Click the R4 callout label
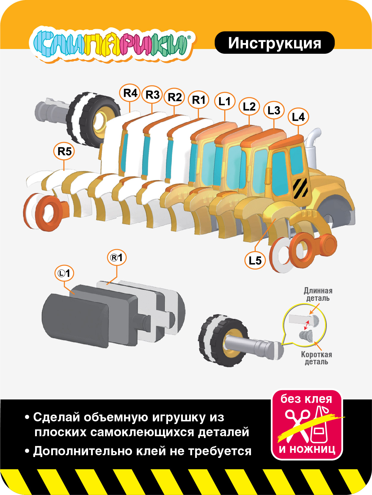click(130, 93)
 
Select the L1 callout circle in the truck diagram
click(225, 101)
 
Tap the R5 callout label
click(64, 151)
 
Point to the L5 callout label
click(255, 260)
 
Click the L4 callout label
click(298, 117)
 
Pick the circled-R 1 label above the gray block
click(117, 257)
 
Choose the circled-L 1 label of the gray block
click(64, 273)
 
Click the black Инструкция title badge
click(274, 43)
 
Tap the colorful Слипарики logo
click(112, 45)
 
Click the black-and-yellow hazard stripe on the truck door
click(301, 188)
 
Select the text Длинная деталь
click(318, 294)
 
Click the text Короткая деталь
click(316, 358)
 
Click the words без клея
click(306, 399)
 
